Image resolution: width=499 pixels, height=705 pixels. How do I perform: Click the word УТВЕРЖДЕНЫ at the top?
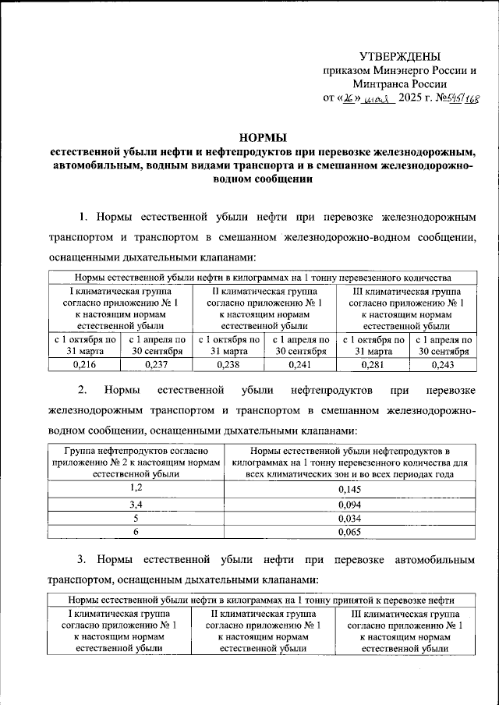[x=399, y=56]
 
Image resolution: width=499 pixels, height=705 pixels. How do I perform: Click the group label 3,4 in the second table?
[x=136, y=503]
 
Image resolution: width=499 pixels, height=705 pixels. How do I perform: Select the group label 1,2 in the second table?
[x=136, y=488]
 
